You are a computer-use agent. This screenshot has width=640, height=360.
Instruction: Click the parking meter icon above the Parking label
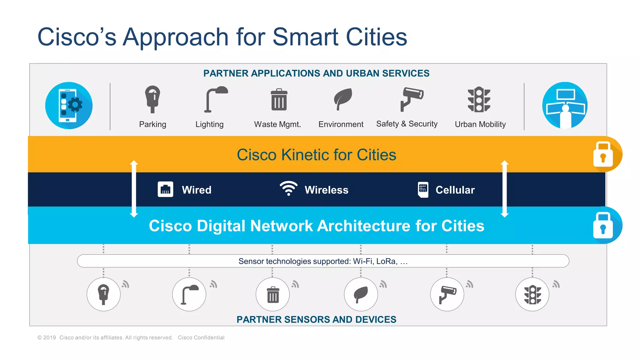152,99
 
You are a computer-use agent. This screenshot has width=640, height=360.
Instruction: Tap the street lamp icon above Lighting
216,99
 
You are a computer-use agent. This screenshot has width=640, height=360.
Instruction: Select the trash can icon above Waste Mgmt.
279,100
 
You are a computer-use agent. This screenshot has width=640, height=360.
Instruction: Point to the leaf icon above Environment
343,99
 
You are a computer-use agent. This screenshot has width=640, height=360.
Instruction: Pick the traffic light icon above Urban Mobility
479,99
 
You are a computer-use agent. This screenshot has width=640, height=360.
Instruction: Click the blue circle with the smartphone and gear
69,106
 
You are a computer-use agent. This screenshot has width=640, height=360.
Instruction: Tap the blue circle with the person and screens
565,105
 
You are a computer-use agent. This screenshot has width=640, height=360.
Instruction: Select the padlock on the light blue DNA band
603,225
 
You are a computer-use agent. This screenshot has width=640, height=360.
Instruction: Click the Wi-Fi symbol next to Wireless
288,188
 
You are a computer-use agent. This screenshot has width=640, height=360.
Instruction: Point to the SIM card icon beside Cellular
423,190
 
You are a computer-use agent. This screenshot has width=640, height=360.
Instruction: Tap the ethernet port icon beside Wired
165,189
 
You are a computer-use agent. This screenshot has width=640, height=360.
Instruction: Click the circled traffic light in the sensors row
532,294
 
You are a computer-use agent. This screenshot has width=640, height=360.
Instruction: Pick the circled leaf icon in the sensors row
361,294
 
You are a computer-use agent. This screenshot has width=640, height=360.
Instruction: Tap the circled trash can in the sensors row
273,294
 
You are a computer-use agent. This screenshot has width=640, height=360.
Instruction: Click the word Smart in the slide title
306,37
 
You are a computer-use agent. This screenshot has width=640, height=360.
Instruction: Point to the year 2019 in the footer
49,337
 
